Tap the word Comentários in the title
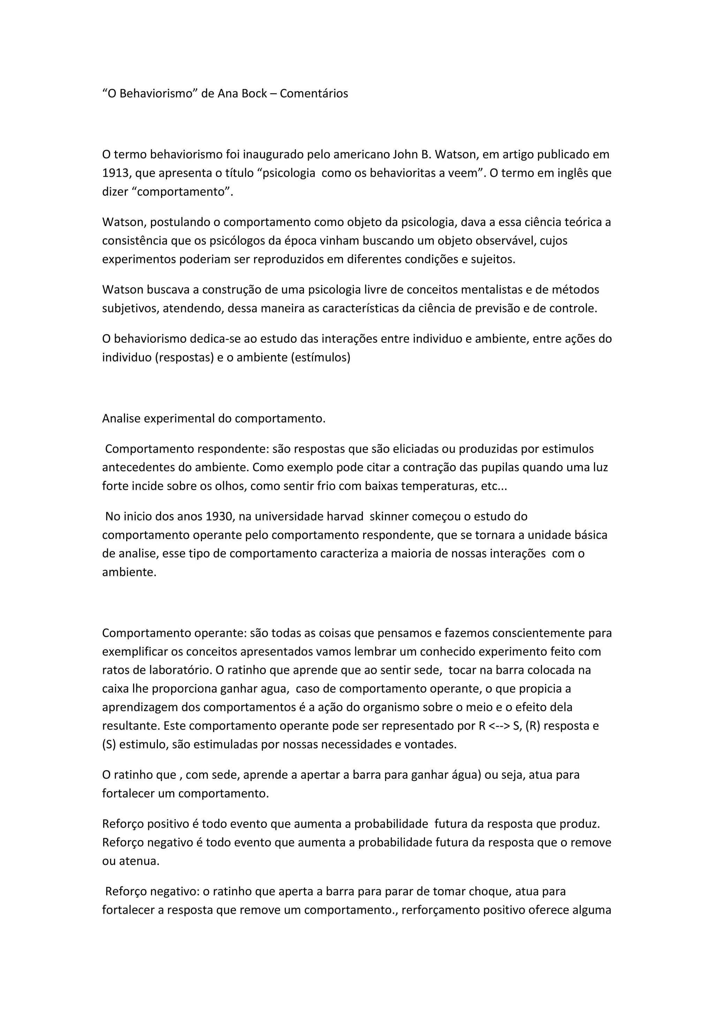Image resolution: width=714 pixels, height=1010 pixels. (x=313, y=94)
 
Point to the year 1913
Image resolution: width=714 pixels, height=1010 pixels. (x=115, y=173)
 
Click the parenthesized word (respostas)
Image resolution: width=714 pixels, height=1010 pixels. (x=184, y=357)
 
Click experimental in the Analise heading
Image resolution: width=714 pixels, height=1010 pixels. (x=179, y=419)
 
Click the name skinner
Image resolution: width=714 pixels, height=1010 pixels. (x=388, y=516)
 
